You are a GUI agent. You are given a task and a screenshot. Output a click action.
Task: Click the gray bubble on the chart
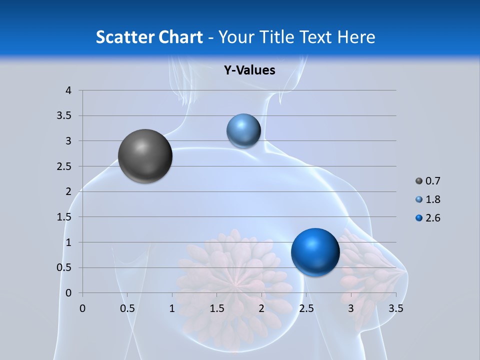click(145, 155)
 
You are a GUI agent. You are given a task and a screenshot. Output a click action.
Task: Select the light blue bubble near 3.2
click(243, 131)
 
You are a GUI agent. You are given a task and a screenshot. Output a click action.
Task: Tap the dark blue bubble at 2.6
click(315, 252)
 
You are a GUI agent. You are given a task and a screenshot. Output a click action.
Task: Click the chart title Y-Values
click(249, 70)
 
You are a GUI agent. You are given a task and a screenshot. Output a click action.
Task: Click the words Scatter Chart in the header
click(149, 37)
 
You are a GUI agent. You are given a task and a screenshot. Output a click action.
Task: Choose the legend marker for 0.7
click(419, 181)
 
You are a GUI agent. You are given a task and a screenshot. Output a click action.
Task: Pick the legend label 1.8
click(432, 199)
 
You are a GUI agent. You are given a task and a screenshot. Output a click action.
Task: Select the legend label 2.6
click(432, 218)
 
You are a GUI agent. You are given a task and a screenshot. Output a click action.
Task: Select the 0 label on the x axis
click(82, 308)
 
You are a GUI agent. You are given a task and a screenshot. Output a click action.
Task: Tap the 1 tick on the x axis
click(172, 308)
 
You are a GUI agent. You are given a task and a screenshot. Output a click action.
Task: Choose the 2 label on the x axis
click(261, 308)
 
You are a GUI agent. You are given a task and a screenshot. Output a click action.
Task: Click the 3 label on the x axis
click(351, 308)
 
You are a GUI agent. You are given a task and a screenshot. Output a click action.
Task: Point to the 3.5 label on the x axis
click(396, 308)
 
